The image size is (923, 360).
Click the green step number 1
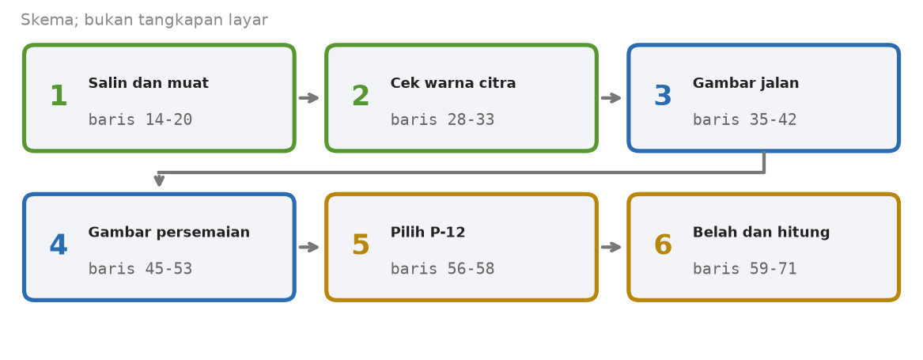(59, 97)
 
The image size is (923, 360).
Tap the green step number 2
(360, 97)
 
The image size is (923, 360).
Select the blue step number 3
(663, 97)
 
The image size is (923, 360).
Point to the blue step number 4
(59, 246)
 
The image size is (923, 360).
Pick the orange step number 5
(360, 246)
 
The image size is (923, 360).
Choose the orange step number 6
(663, 246)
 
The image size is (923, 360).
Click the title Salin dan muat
(149, 84)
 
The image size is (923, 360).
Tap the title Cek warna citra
(453, 84)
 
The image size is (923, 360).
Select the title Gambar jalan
(746, 84)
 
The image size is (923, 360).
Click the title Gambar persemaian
(169, 233)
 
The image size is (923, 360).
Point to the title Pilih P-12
(428, 233)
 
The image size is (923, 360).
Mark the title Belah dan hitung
(761, 233)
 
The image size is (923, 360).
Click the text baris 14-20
(140, 120)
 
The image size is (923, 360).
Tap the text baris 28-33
(443, 120)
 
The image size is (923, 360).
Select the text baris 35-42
(744, 120)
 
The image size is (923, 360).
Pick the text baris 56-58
(443, 269)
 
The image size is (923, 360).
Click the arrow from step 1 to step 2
(309, 98)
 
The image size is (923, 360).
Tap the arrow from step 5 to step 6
(611, 247)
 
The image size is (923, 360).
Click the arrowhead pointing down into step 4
(159, 181)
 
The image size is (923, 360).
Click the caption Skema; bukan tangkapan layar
(144, 20)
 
